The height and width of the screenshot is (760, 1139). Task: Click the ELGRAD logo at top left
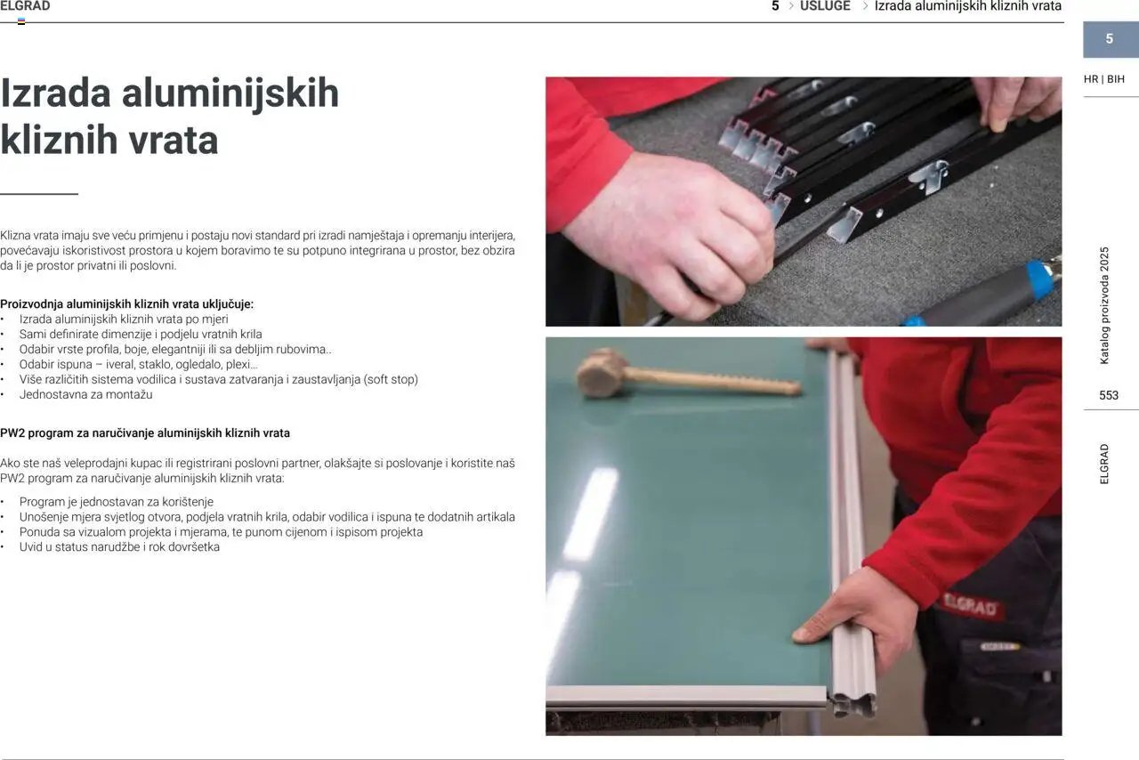point(25,6)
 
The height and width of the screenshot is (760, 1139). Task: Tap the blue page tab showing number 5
point(1111,39)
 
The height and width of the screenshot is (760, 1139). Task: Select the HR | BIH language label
point(1104,79)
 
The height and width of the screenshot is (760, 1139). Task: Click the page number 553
point(1109,395)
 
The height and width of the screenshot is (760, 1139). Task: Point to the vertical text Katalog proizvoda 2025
point(1104,306)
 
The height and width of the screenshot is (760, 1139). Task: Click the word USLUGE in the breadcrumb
point(825,6)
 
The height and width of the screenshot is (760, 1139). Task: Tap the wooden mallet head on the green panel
point(600,373)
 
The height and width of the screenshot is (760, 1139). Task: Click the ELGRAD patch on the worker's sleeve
point(970,606)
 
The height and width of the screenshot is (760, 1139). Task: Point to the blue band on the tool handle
point(1040,279)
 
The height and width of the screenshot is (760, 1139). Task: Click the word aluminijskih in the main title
point(230,93)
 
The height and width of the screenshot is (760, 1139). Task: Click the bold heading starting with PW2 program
point(145,433)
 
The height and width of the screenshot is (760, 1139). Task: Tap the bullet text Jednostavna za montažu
point(86,394)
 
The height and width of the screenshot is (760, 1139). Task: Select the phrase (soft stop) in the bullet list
point(391,379)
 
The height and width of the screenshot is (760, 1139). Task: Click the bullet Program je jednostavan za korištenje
point(117,502)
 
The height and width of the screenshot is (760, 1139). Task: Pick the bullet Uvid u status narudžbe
point(119,546)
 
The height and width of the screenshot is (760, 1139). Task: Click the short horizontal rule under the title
point(39,194)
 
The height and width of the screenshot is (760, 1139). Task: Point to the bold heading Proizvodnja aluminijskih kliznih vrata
point(126,304)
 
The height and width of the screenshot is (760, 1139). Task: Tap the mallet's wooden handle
point(713,382)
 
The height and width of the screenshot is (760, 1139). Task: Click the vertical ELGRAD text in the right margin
point(1104,464)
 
